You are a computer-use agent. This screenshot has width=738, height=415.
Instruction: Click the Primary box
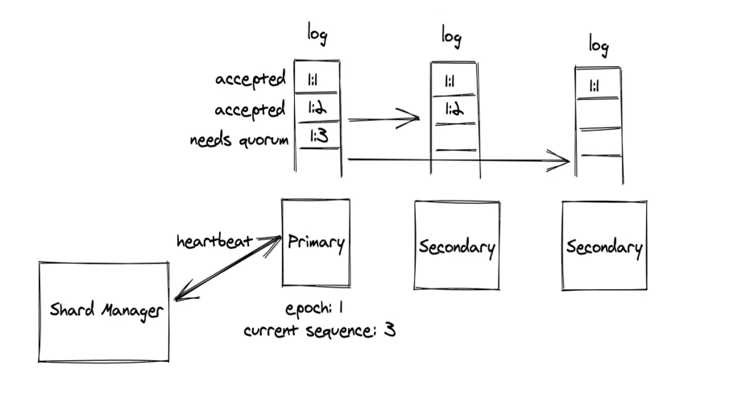point(315,243)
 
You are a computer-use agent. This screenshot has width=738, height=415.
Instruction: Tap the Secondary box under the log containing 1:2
point(456,246)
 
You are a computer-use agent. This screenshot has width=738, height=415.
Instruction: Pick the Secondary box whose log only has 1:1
point(604,247)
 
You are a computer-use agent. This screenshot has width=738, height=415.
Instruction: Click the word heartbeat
point(214,240)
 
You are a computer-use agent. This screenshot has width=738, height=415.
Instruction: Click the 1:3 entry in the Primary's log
point(317,137)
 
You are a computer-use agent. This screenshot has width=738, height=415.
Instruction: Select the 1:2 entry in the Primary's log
point(317,108)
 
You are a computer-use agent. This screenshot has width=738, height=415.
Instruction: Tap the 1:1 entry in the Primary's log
point(317,80)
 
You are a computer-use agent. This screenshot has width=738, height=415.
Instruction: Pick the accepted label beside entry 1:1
point(250,80)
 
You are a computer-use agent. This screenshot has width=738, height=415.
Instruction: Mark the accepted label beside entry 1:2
point(250,110)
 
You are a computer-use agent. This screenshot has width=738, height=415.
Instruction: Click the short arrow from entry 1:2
point(384,121)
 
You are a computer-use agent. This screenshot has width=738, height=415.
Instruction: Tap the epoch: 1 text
point(316,309)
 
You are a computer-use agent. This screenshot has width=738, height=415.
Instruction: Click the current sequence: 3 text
point(319,330)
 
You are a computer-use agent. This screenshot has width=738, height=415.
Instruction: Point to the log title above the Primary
point(317,36)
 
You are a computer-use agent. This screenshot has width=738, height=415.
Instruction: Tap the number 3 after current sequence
point(389,329)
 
